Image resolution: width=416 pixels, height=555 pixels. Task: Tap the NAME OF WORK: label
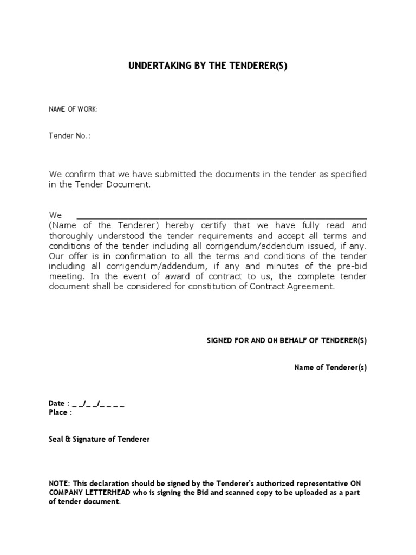tap(73, 109)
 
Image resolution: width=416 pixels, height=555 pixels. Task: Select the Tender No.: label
tap(70, 136)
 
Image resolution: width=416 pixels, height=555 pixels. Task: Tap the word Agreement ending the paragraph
tap(313, 287)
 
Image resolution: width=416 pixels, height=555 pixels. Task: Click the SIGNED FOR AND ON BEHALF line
tap(287, 340)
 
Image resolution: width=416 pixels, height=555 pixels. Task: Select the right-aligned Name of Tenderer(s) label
tap(330, 367)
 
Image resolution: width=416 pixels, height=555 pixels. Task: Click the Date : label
tap(59, 404)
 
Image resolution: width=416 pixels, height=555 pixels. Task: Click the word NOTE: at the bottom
tap(60, 483)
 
